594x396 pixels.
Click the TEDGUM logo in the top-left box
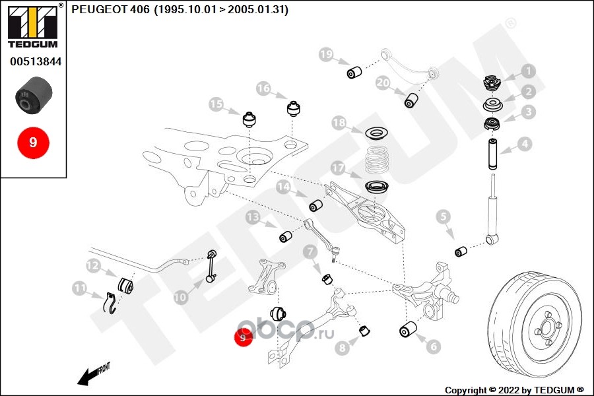coord(33,26)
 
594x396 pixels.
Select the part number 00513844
coord(36,61)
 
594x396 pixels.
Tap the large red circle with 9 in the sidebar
coord(34,143)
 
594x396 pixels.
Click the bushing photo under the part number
coord(34,95)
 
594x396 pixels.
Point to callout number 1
coord(528,71)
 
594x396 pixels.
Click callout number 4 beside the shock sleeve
coord(525,144)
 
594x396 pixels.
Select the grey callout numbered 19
coord(326,55)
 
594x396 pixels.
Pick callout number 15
coord(216,104)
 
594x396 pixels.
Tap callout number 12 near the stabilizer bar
coord(93,265)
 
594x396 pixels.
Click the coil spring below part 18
coord(376,161)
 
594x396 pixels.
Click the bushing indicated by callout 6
coord(408,329)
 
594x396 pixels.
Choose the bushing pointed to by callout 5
coord(461,251)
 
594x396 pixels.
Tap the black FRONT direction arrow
coord(88,376)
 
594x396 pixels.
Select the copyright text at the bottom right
coord(514,390)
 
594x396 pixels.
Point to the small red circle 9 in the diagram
coord(243,337)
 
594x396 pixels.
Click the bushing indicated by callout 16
coord(293,108)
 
